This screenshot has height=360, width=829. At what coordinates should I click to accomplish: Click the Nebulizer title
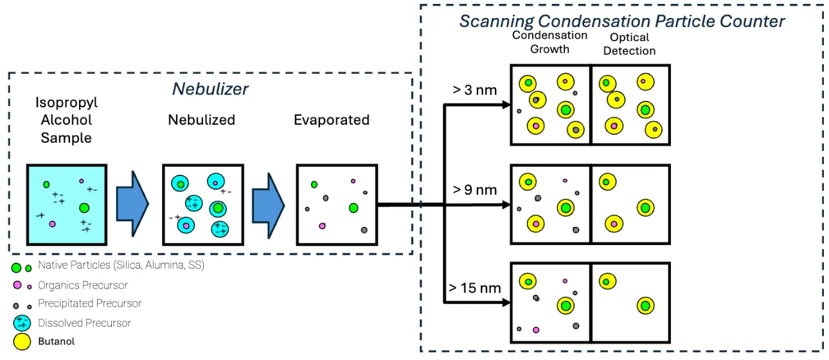(x=210, y=89)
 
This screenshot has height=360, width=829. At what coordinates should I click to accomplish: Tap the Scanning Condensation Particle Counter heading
(x=621, y=21)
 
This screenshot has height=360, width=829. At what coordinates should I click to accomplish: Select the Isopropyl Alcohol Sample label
(x=67, y=120)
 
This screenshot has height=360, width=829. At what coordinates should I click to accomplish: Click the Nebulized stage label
(x=202, y=120)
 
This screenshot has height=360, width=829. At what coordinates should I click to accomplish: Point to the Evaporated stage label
(x=332, y=120)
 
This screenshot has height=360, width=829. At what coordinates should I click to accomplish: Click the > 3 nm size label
(x=475, y=90)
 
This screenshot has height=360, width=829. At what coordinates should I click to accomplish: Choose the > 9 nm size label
(x=475, y=190)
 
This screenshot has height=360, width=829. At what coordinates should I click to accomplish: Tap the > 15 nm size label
(x=475, y=288)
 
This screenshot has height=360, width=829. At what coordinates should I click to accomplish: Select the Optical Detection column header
(x=630, y=44)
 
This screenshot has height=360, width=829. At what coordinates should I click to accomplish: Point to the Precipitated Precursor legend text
(x=89, y=303)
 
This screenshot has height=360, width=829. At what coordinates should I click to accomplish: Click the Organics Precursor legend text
(x=82, y=285)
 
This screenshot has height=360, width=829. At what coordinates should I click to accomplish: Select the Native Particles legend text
(x=121, y=265)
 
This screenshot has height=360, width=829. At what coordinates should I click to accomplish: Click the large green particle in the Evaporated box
(x=353, y=208)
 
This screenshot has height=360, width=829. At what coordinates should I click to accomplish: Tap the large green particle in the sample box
(x=84, y=208)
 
